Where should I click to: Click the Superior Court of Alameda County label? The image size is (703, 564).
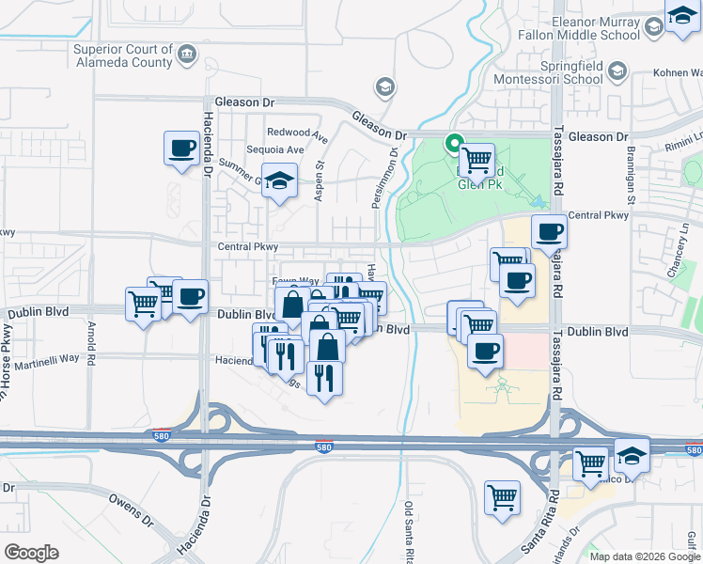tap(122, 56)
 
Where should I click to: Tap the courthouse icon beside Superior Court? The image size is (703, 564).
tap(188, 55)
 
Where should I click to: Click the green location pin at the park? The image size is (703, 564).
tap(454, 145)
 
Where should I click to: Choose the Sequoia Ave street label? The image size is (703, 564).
tap(274, 149)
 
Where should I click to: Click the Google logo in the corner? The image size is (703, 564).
tap(31, 553)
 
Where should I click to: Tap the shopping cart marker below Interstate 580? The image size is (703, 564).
tap(503, 496)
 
